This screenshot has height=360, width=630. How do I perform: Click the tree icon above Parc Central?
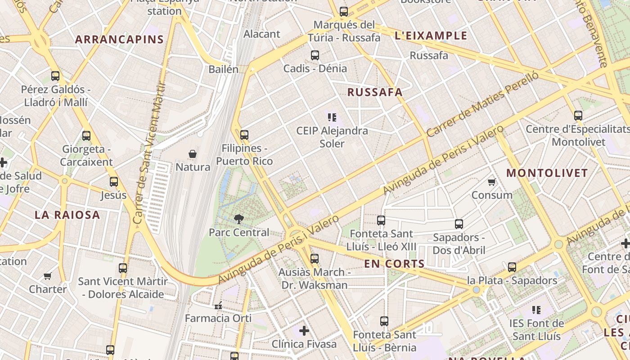[x=239, y=219]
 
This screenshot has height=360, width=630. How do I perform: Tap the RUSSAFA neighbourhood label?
[x=375, y=92]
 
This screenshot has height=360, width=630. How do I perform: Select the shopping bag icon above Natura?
[x=193, y=154]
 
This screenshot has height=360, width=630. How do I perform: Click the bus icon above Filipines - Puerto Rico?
[x=244, y=135]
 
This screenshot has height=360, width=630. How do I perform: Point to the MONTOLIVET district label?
[x=547, y=173]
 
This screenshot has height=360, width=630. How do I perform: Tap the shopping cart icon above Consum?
[x=491, y=182]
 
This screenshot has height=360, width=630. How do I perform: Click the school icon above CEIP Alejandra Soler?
[x=332, y=118]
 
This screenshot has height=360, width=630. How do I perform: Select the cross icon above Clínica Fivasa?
[x=304, y=331]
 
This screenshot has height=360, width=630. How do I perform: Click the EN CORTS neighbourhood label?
[x=394, y=264]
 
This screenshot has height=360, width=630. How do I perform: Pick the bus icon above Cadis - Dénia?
[x=315, y=55]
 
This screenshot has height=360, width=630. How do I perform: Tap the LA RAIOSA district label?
[x=67, y=215]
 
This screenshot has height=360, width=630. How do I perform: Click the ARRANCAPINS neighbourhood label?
[x=119, y=40]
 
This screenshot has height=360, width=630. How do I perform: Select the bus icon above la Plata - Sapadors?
[x=512, y=267]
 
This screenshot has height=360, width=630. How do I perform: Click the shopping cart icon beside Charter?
[x=48, y=276]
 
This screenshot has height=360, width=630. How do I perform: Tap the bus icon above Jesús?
[x=114, y=182]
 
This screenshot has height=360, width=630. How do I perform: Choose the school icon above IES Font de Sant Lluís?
[x=536, y=310]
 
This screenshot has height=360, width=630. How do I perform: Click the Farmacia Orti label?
[x=218, y=318]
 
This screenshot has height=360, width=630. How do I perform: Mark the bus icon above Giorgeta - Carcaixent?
[x=86, y=135]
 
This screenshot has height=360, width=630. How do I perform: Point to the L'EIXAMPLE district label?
[x=431, y=36]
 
